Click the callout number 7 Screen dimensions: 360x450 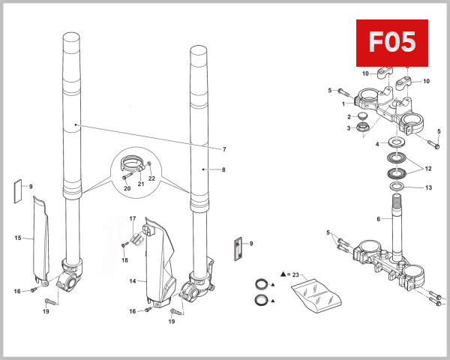pos(223,148)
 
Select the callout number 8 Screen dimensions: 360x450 pos(223,170)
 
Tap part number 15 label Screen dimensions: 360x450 pos(17,238)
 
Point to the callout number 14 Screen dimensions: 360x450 pos(133,281)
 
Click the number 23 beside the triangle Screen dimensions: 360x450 pos(295,275)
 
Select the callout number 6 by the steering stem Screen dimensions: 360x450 pos(379,219)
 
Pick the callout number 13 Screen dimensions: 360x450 pos(428,188)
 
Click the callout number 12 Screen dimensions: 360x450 pos(428,168)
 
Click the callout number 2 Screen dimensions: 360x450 pos(349,117)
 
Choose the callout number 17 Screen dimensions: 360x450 pos(133,219)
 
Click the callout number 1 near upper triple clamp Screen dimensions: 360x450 pos(343,103)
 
